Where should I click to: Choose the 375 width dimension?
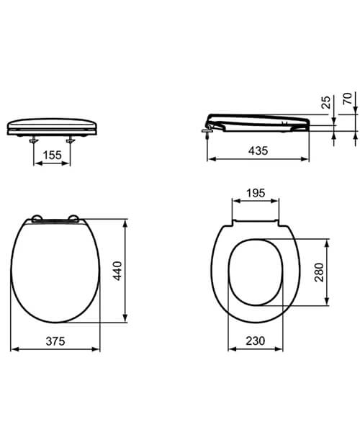click(x=55, y=341)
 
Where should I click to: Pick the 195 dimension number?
click(x=256, y=193)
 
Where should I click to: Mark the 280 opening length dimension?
click(x=319, y=272)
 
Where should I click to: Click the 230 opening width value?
click(x=253, y=341)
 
